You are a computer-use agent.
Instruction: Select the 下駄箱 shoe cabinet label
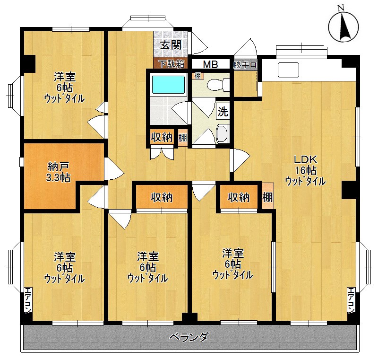coord(171,64)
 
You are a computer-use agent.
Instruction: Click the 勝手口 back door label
coord(245,64)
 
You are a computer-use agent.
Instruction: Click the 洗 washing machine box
coord(223,112)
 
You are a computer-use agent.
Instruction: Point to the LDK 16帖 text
coord(305,170)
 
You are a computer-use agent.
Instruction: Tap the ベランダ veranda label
coord(189,337)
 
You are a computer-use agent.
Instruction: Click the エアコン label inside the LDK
coord(351,300)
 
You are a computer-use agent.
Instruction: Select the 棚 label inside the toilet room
coord(197,76)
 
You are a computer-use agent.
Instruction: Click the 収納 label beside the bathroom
coord(161,138)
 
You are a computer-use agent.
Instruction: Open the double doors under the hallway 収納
coord(161,154)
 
